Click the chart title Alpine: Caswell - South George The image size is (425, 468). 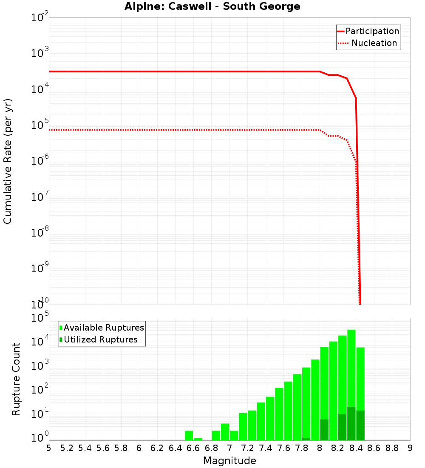[x=212, y=7]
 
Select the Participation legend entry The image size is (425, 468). [x=372, y=31]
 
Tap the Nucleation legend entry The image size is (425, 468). [x=374, y=43]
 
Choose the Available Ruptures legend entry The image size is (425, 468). [x=104, y=328]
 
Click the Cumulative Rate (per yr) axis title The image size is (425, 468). [x=8, y=161]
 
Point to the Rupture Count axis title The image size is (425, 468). [x=16, y=379]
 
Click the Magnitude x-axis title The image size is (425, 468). [x=229, y=461]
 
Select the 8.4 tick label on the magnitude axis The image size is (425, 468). [x=356, y=448]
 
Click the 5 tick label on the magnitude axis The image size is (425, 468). [x=49, y=448]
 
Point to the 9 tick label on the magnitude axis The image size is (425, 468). [x=410, y=448]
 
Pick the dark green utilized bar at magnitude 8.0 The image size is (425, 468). [x=324, y=430]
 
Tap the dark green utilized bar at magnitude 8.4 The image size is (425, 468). [x=360, y=425]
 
